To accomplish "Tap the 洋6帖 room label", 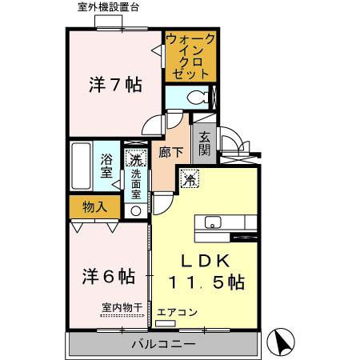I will [108, 276].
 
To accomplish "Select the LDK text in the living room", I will [204, 260].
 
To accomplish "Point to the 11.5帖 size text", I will [206, 282].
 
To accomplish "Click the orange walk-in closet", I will [189, 55].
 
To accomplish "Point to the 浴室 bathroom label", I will [106, 165].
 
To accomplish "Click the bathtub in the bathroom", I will [80, 166].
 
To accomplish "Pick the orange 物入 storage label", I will [95, 206].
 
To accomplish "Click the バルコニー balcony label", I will [163, 345].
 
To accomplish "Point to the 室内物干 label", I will [122, 307].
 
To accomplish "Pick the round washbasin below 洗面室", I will [135, 211].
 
